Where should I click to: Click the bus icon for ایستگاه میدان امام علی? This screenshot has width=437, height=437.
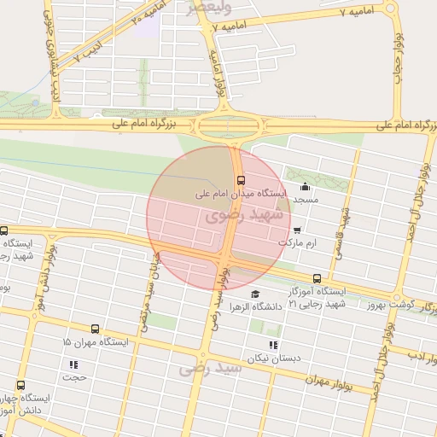pyautogui.click(x=242, y=180)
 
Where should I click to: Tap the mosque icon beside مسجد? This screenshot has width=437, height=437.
pyautogui.click(x=305, y=187)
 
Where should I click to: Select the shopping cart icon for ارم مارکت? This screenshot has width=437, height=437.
pyautogui.click(x=296, y=230)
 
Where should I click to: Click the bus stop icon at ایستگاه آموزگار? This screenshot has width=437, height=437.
pyautogui.click(x=318, y=277)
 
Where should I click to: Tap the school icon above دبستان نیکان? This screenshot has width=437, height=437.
pyautogui.click(x=273, y=345)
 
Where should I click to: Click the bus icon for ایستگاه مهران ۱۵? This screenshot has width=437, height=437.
pyautogui.click(x=94, y=329)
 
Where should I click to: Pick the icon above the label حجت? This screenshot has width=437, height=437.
pyautogui.click(x=73, y=364)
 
